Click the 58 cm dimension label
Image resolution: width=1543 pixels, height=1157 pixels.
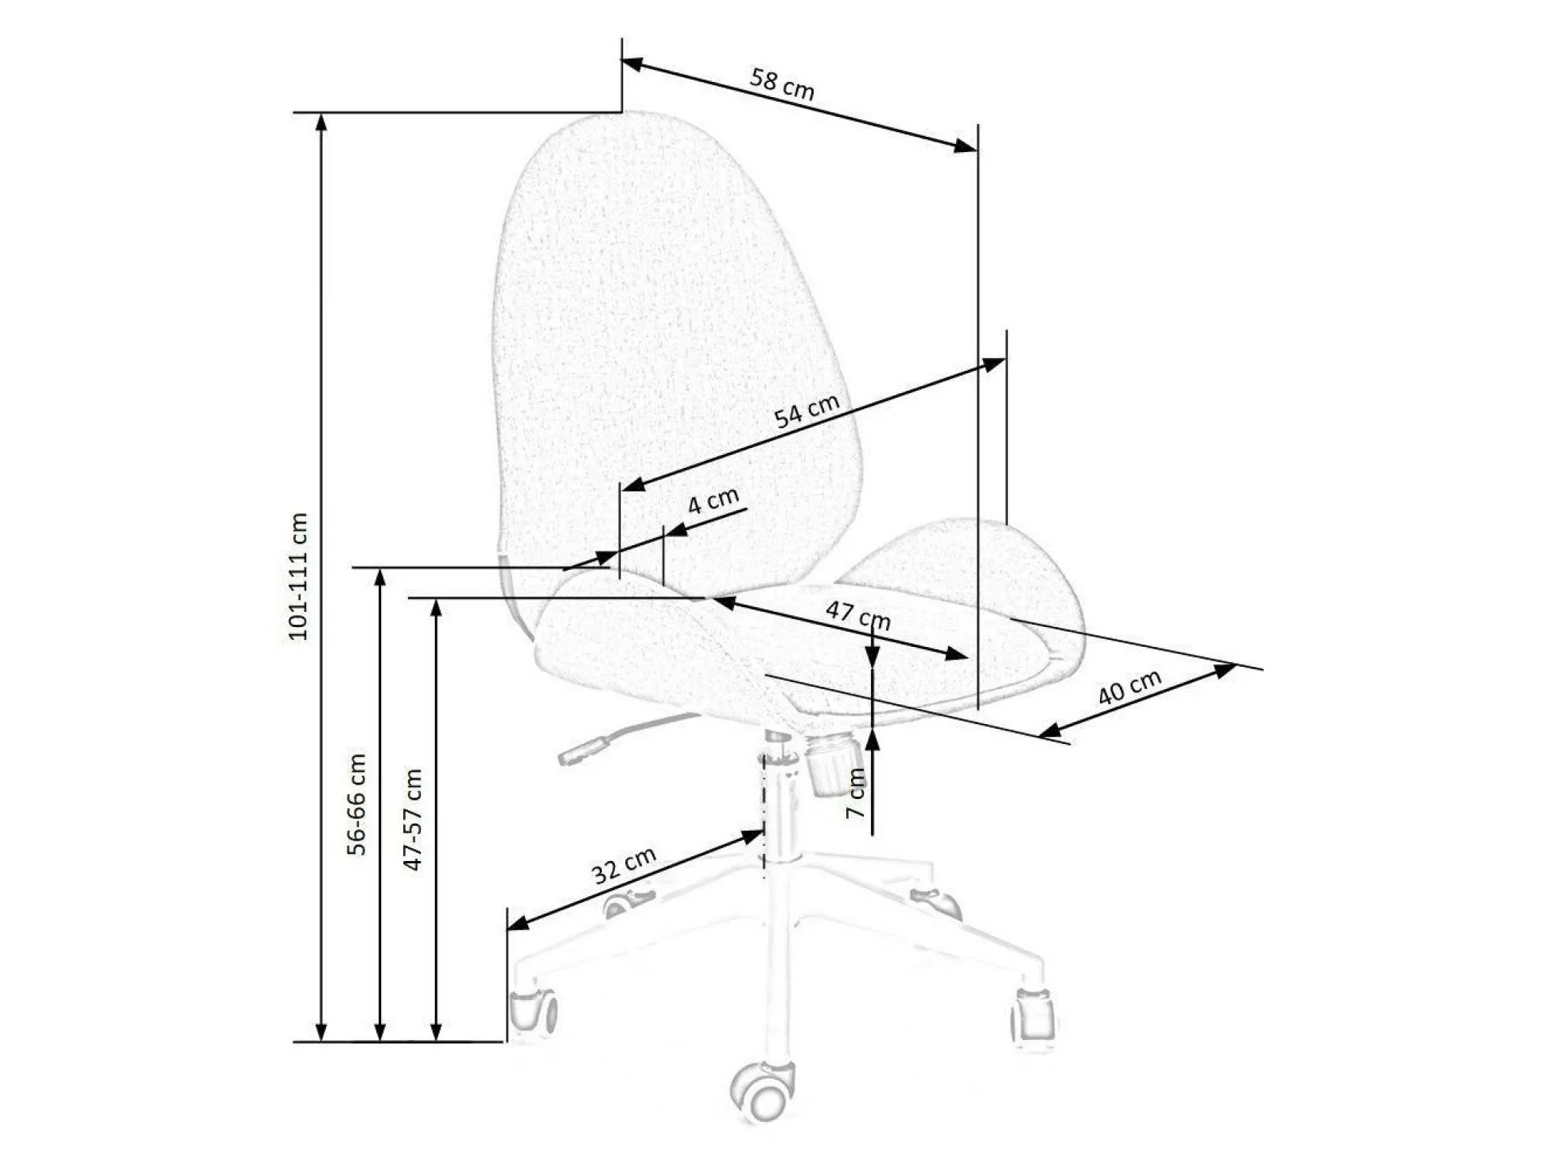click(783, 84)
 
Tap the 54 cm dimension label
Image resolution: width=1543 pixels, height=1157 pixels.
click(806, 411)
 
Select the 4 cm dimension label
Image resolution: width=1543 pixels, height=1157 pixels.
click(713, 501)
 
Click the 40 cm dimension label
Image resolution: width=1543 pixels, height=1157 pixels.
click(1129, 687)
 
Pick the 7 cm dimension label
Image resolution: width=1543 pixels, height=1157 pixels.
click(856, 793)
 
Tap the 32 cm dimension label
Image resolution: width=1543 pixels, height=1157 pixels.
click(624, 865)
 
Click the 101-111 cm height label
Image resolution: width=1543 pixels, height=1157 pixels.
click(297, 577)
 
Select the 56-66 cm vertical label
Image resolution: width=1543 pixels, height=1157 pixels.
click(357, 804)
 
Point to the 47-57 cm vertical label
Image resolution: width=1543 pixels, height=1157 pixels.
click(413, 819)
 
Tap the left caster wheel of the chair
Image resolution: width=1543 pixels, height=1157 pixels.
click(532, 1013)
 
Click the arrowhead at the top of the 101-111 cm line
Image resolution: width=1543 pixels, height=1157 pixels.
click(321, 122)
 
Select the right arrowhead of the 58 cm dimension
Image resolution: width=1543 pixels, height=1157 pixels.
click(966, 146)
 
